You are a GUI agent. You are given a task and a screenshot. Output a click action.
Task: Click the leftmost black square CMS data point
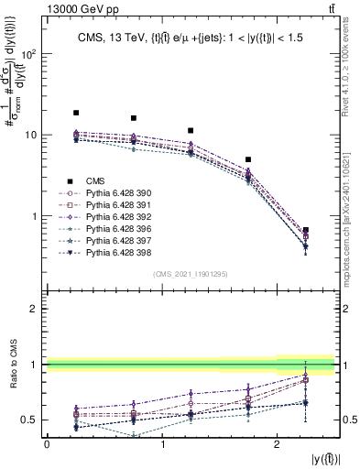point(76,113)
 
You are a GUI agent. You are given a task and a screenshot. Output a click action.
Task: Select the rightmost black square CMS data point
point(306,230)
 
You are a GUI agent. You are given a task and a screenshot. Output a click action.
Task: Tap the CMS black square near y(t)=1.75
point(248,159)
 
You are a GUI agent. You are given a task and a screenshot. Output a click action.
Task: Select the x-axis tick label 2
point(277,444)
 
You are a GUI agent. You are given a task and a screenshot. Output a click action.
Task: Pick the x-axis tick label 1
point(162,444)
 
